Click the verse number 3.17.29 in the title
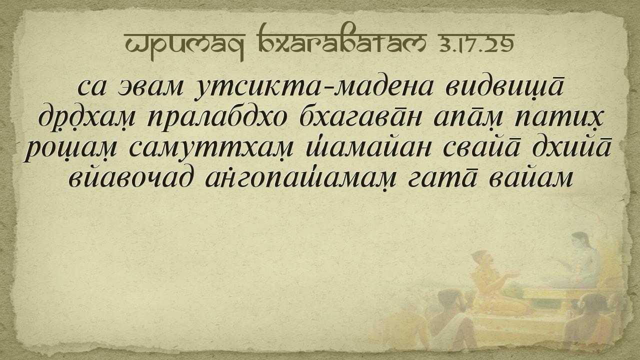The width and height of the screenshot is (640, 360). tap(474, 44)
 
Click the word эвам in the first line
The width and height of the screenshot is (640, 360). tap(150, 87)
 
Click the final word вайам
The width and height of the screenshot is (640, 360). tap(531, 178)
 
